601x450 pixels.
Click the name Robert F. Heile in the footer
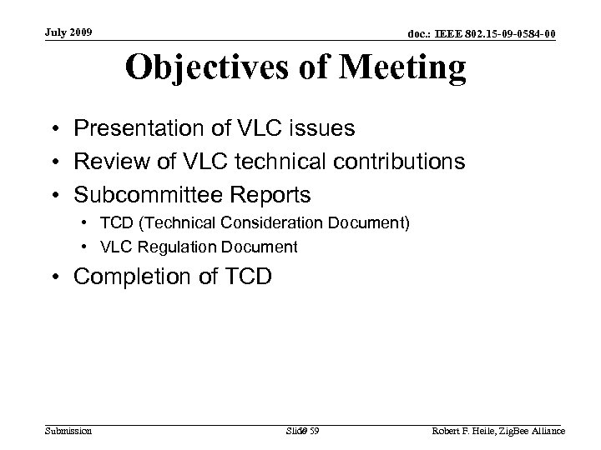click(x=462, y=431)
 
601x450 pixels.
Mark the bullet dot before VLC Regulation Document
click(x=87, y=247)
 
